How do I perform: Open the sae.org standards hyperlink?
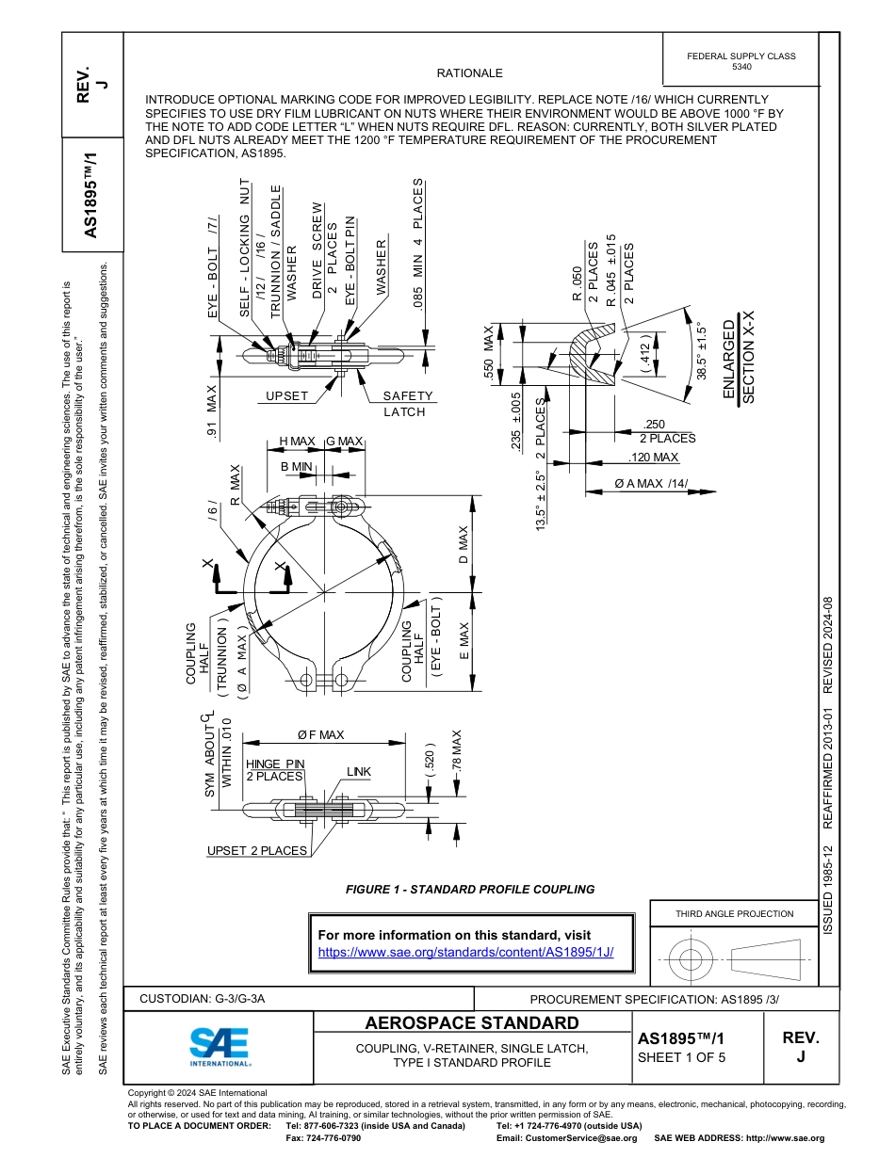click(x=465, y=952)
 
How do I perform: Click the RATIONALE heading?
click(x=469, y=73)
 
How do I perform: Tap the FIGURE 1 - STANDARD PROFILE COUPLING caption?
click(x=470, y=889)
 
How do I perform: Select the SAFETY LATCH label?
click(x=406, y=404)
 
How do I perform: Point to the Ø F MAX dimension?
click(x=320, y=734)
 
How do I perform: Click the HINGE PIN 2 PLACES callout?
click(x=275, y=770)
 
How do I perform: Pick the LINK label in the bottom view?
click(x=358, y=772)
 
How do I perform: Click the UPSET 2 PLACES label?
click(x=257, y=851)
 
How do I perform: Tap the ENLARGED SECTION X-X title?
click(x=738, y=362)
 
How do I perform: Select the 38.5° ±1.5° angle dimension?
click(x=701, y=352)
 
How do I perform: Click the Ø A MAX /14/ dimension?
click(x=651, y=484)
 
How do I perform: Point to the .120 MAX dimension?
click(x=653, y=458)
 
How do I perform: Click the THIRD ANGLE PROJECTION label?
click(x=734, y=913)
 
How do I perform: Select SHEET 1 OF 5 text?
click(x=682, y=1056)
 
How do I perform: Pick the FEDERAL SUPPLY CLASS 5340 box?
click(x=740, y=61)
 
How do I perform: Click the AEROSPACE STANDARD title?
click(x=471, y=1023)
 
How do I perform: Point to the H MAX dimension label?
click(x=297, y=442)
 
